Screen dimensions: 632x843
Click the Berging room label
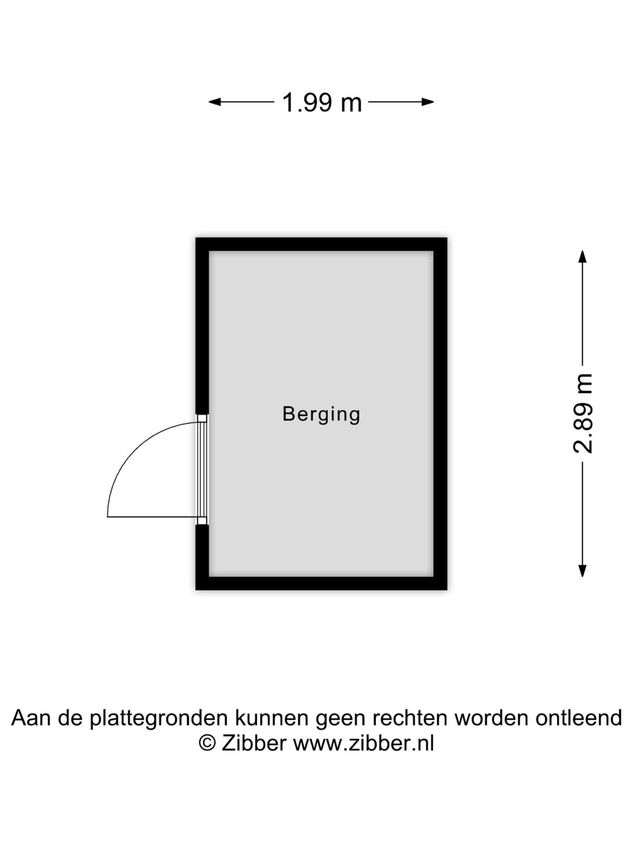[x=321, y=414]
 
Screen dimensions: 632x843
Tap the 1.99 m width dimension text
[x=322, y=103]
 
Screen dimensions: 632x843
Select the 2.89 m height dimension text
[x=583, y=413]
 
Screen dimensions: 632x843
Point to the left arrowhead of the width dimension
[x=214, y=102]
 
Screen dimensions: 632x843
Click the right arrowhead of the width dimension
[x=428, y=102]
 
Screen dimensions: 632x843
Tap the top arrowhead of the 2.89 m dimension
[x=582, y=257]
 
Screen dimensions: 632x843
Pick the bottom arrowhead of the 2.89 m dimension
[x=582, y=570]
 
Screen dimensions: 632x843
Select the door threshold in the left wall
[x=202, y=470]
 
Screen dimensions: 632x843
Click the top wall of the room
[x=321, y=245]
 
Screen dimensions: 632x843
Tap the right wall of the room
[x=440, y=414]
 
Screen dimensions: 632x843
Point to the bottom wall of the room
[x=321, y=583]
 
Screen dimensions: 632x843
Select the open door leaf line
[x=153, y=517]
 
